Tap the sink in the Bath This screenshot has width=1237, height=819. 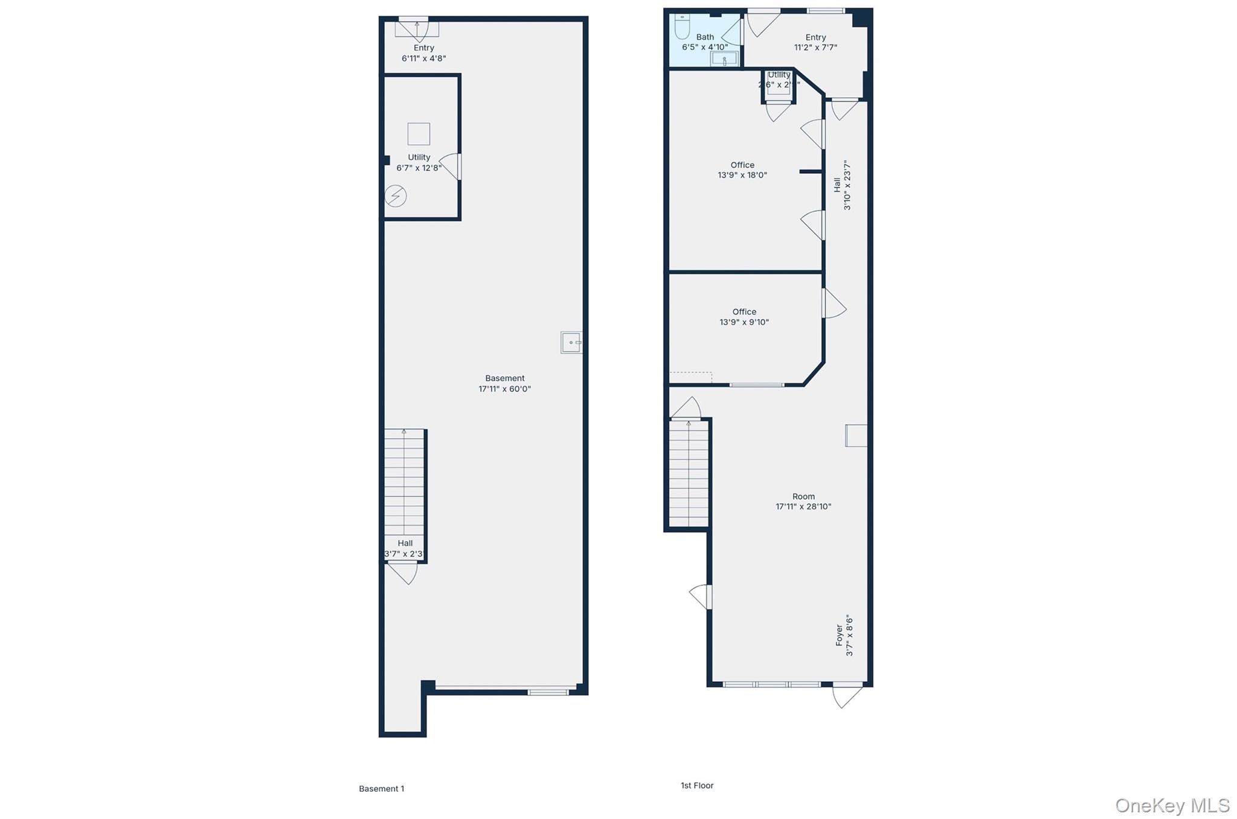[724, 59]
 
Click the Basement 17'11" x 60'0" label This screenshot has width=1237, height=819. [504, 384]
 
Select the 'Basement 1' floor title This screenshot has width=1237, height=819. [381, 788]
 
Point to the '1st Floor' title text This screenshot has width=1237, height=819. [697, 785]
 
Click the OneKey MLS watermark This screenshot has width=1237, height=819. [1172, 805]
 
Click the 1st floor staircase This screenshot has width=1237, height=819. [689, 474]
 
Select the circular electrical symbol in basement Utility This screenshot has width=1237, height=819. [396, 196]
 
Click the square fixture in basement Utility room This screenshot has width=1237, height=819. [419, 134]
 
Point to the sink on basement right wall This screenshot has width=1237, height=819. [571, 342]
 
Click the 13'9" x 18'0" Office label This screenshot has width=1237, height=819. [742, 170]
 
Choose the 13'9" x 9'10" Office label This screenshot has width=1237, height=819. [744, 317]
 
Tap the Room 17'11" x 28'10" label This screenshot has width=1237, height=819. [803, 502]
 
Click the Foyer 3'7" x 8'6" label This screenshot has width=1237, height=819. [844, 636]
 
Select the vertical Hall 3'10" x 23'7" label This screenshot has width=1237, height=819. [842, 185]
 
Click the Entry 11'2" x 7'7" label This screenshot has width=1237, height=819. [815, 42]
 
